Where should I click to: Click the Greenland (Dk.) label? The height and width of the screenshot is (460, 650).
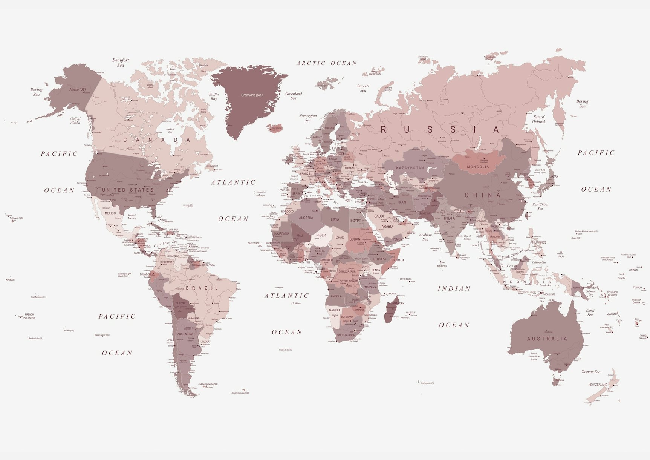click(252, 95)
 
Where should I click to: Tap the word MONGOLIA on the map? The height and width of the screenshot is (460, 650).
click(478, 167)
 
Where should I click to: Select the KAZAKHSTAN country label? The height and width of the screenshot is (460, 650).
click(410, 168)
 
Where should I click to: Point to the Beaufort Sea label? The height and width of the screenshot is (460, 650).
click(121, 63)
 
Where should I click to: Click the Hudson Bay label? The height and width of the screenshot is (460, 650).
click(170, 130)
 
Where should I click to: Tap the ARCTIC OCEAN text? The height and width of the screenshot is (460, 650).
click(327, 63)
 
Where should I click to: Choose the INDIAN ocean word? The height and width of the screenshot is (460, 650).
click(454, 288)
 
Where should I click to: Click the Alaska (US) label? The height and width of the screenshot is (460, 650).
click(78, 90)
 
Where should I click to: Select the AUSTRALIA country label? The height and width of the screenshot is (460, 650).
click(547, 339)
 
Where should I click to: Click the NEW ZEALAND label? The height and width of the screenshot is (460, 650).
click(598, 385)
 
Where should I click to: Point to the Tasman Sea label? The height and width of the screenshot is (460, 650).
click(591, 372)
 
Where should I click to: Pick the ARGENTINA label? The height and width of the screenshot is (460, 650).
click(185, 334)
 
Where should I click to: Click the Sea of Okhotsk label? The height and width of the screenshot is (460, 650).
click(539, 119)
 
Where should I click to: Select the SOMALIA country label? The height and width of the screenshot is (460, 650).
click(398, 260)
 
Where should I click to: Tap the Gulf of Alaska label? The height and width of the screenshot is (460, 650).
click(75, 121)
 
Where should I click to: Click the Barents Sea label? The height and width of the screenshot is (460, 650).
click(363, 88)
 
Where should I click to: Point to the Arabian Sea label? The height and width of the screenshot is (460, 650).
click(425, 237)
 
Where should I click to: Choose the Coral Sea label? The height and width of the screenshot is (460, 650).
click(590, 313)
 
